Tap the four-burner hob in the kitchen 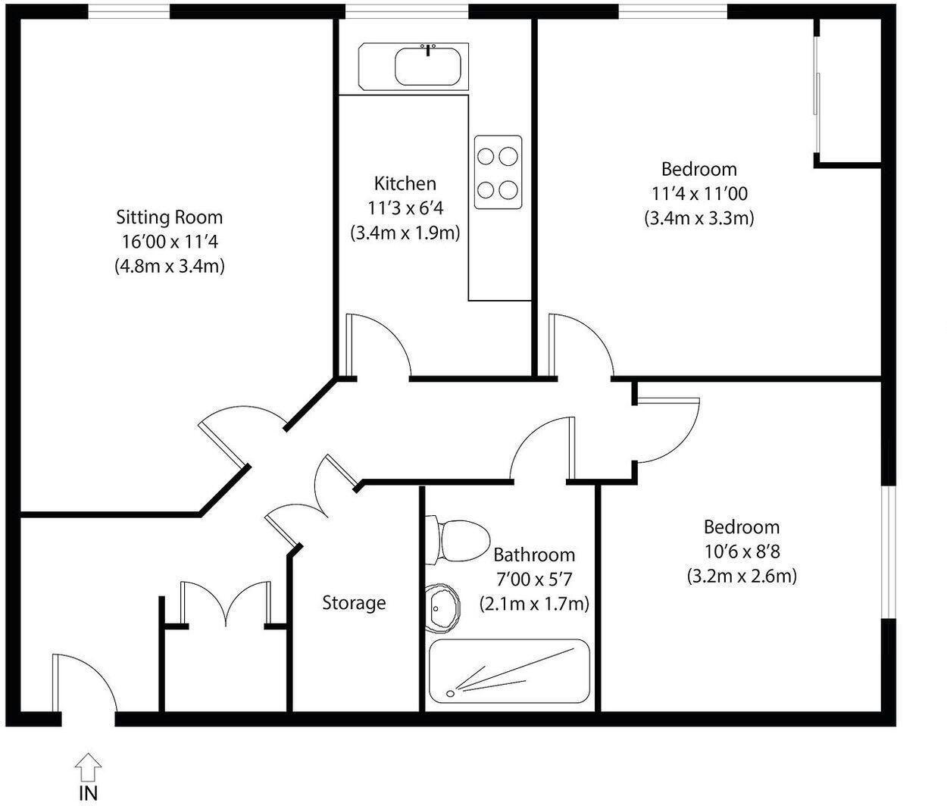tap(498, 172)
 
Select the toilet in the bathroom tap(457, 539)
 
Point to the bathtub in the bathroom tap(508, 671)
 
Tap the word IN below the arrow tap(88, 793)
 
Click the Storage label tap(354, 603)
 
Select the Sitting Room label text tap(170, 217)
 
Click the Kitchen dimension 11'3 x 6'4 tap(405, 208)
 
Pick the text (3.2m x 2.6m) tap(742, 576)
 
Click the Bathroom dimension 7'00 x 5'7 tap(533, 580)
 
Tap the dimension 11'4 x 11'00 tap(699, 193)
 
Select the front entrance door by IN tap(83, 682)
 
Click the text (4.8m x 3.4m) tap(170, 267)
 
